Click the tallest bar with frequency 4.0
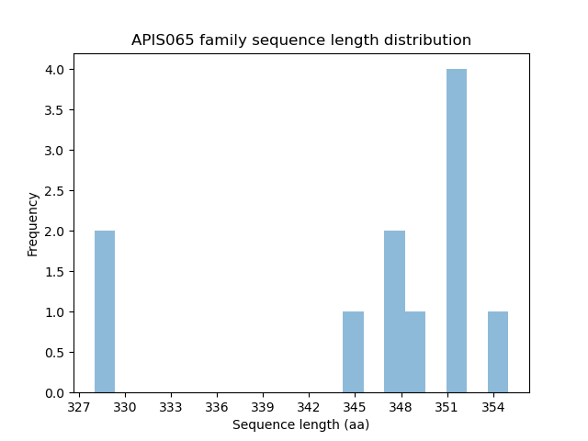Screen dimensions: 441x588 click(x=457, y=231)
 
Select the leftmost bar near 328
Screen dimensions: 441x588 click(x=105, y=311)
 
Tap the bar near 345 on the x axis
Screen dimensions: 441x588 click(x=353, y=352)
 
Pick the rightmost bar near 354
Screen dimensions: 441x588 click(x=498, y=352)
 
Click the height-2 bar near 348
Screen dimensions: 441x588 click(x=394, y=311)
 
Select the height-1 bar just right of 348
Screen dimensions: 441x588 click(x=415, y=352)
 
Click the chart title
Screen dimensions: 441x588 click(x=301, y=40)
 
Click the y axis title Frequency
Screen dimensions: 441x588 click(x=33, y=223)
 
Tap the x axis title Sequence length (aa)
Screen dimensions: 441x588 click(x=301, y=424)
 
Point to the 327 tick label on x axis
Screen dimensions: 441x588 click(x=79, y=406)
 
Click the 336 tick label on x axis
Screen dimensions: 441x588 click(x=217, y=406)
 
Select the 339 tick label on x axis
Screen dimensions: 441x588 click(x=263, y=406)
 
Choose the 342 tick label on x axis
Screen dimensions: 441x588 click(x=309, y=406)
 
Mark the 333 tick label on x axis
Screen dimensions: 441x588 click(x=171, y=406)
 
